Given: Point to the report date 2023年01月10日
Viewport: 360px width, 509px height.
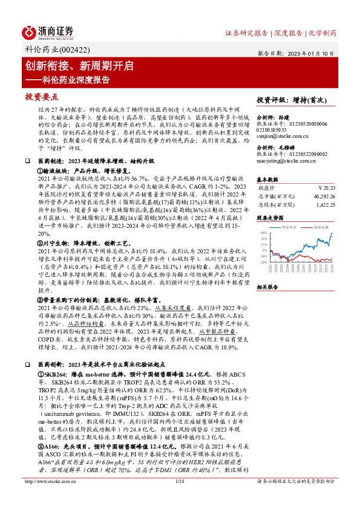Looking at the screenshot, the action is [x=313, y=53].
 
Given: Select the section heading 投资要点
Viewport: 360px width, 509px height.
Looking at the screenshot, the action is [x=42, y=97].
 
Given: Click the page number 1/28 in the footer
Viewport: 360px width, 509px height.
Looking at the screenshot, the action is [x=179, y=498].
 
